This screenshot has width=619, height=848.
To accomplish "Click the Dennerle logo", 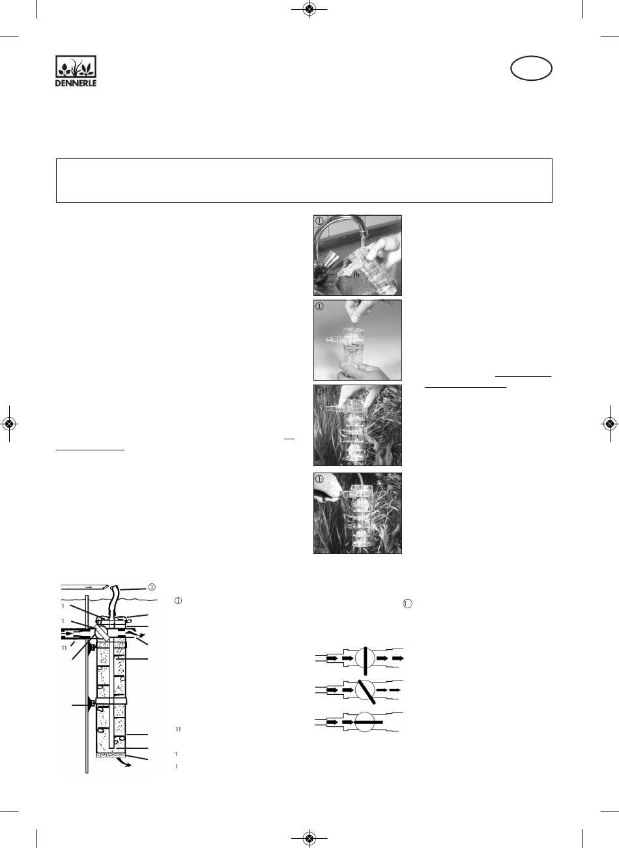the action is tap(76, 71).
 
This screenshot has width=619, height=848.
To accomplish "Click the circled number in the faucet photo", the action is tap(319, 221).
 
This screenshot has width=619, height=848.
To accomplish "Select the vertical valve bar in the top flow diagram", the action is tap(365, 661).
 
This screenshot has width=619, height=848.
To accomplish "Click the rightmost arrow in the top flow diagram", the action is tap(398, 658).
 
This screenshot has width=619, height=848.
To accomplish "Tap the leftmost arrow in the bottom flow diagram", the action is tap(332, 722).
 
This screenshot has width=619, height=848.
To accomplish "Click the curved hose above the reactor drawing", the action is tap(113, 601).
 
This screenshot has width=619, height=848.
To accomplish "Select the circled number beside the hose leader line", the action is tap(151, 587).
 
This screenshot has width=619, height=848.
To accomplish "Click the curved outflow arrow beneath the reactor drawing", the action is tap(125, 762).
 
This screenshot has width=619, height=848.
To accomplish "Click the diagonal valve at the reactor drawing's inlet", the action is tap(102, 633).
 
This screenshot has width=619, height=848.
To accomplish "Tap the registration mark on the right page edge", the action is tap(609, 424).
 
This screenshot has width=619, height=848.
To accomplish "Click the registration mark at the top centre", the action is tap(309, 9).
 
